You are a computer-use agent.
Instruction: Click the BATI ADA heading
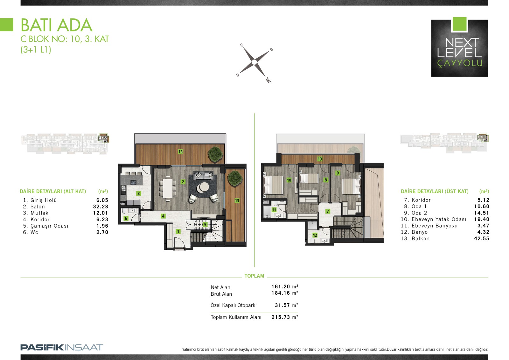[56, 25]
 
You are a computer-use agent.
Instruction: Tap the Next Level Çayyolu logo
[459, 47]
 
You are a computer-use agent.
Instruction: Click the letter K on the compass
[268, 80]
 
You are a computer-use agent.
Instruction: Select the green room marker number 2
[183, 182]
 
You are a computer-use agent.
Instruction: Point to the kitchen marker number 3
[138, 194]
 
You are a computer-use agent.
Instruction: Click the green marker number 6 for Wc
[126, 218]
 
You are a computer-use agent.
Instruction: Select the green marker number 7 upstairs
[327, 211]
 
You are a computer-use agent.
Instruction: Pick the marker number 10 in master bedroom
[289, 180]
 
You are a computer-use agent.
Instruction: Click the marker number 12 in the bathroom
[315, 235]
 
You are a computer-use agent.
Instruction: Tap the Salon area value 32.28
[101, 207]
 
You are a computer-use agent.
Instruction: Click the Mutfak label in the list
[39, 213]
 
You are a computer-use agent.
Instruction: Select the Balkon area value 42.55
[482, 238]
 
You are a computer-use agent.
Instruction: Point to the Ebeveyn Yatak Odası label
[439, 219]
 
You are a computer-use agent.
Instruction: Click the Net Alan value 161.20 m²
[285, 286]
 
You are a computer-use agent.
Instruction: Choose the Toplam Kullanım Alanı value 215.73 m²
[285, 317]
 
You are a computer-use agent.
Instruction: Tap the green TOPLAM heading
[254, 276]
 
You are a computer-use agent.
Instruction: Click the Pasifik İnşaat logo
[62, 348]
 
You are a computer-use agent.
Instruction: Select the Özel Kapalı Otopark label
[233, 305]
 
